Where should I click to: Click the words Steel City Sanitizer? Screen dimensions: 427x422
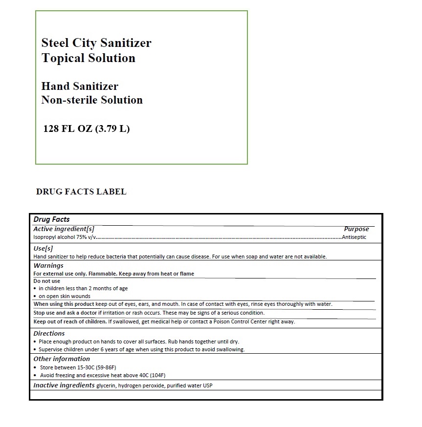point(96,43)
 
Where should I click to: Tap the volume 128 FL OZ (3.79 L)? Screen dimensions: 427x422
point(87,129)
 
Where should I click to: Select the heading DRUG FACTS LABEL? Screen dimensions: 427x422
point(81,192)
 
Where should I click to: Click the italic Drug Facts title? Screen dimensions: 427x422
point(51,220)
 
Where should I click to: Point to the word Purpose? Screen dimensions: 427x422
point(356,229)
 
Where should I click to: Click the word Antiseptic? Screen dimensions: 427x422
point(354,237)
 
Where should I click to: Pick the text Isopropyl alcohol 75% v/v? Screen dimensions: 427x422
point(63,237)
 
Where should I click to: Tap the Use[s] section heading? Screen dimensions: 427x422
point(43,248)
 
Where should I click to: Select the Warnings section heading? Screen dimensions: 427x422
point(48,266)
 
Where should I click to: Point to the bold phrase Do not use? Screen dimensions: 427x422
point(46,281)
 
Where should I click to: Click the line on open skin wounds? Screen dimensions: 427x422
point(65,296)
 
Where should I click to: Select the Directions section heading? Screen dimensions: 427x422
point(49,334)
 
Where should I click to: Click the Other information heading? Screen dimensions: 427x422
point(62,359)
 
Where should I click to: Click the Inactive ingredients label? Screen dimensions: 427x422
point(64,385)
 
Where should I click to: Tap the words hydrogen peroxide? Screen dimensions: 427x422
point(142,386)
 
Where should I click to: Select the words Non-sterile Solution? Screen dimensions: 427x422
point(92,100)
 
